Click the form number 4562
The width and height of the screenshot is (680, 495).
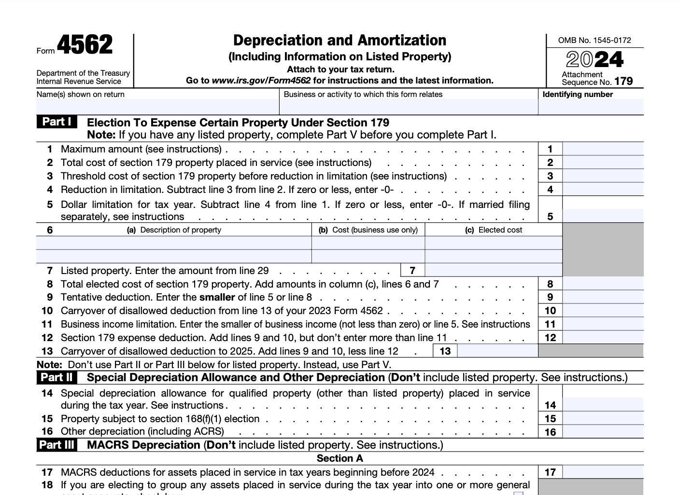point(85,45)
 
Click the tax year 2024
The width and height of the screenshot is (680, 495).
point(595,59)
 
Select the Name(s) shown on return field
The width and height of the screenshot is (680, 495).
point(157,107)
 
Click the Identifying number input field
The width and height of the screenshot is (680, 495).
point(590,107)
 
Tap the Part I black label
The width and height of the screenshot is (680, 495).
point(57,122)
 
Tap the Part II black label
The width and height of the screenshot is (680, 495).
point(57,377)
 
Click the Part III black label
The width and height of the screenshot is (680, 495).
point(57,445)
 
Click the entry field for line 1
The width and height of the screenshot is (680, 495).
point(603,149)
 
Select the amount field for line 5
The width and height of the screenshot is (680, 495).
point(603,216)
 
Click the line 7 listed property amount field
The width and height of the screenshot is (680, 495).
point(493,270)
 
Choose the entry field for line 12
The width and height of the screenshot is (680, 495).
point(603,338)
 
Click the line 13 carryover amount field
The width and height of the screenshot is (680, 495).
point(497,351)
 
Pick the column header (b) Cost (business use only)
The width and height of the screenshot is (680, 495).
point(368,230)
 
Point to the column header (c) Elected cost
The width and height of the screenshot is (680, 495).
point(493,230)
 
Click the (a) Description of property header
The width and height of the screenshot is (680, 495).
point(174,230)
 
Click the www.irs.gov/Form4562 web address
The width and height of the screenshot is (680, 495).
point(261,81)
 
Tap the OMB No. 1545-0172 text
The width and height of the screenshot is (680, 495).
point(595,41)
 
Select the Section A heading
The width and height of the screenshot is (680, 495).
point(340,458)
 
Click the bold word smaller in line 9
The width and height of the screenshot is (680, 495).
point(217,297)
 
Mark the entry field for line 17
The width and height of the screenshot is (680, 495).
point(603,472)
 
